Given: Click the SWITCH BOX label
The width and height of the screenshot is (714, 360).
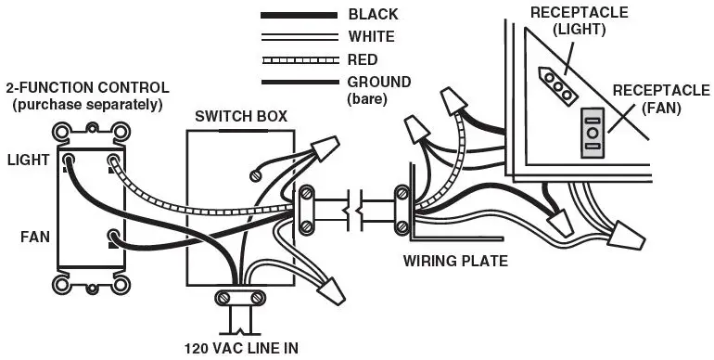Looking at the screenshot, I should click(240, 117).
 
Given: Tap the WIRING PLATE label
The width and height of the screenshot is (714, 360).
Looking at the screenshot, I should click(454, 261).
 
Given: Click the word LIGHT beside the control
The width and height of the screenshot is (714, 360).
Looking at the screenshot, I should click(28, 161).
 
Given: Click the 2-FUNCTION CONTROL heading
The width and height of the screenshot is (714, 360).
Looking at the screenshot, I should click(87, 88).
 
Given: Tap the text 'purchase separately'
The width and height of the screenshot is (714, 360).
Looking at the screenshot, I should click(87, 104).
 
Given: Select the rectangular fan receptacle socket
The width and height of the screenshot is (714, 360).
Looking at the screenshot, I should click(591, 135).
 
